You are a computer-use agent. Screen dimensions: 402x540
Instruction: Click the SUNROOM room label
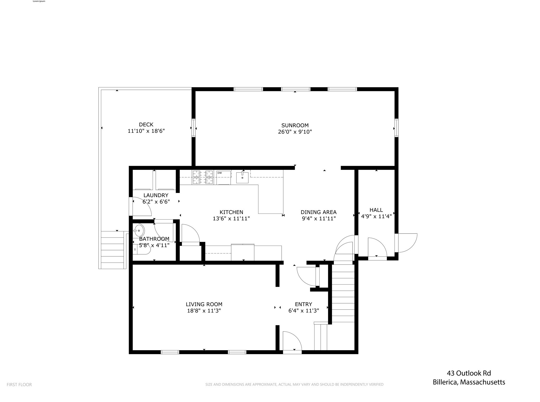pyautogui.click(x=295, y=125)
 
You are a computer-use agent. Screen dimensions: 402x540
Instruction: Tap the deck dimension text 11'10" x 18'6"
pyautogui.click(x=146, y=131)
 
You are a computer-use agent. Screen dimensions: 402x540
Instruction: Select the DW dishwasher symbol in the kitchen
pyautogui.click(x=224, y=177)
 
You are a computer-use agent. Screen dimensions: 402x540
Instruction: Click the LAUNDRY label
pyautogui.click(x=156, y=195)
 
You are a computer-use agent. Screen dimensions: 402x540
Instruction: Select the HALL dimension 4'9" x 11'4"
pyautogui.click(x=376, y=216)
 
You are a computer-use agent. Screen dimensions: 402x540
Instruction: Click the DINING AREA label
pyautogui.click(x=319, y=212)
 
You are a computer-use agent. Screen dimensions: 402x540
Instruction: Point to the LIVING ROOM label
pyautogui.click(x=204, y=304)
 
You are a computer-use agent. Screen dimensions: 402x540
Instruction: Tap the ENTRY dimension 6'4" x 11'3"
pyautogui.click(x=303, y=311)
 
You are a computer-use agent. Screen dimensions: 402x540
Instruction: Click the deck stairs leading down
pyautogui.click(x=113, y=250)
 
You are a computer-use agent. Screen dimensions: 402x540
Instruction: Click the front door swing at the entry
pyautogui.click(x=291, y=341)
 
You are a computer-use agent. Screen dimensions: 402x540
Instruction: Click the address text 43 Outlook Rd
pyautogui.click(x=469, y=373)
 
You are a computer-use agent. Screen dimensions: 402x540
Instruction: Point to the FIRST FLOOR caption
pyautogui.click(x=19, y=385)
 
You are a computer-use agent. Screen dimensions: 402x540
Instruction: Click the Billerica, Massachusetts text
pyautogui.click(x=469, y=382)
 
